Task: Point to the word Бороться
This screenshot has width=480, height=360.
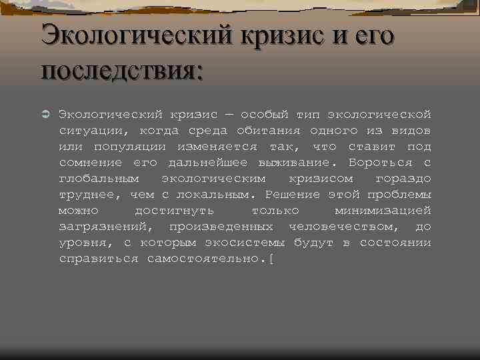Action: click(377, 162)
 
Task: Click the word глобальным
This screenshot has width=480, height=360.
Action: click(99, 179)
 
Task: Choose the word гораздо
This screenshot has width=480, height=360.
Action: click(403, 179)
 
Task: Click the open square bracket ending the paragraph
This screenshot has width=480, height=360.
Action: click(271, 259)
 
